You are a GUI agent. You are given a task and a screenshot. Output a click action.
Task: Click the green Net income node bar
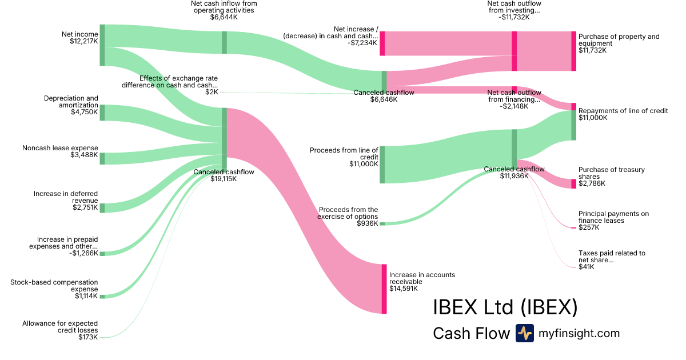tap(102, 45)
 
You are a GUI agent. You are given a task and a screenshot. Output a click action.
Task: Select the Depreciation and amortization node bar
tap(102, 113)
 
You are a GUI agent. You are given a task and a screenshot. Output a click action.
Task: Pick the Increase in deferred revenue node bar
tap(102, 207)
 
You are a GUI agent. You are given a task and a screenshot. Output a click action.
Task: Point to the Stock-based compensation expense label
tap(54, 286)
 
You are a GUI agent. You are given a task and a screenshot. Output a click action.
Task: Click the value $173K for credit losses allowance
tap(88, 337)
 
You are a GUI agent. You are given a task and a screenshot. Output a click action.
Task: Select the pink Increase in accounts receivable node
tap(384, 289)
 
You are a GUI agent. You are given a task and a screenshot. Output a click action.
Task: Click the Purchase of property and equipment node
tap(573, 51)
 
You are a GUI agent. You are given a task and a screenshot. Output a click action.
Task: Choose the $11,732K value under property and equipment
tap(592, 50)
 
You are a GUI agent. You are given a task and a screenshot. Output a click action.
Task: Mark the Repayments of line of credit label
tap(623, 111)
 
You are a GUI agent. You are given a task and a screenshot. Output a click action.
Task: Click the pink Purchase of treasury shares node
tap(573, 183)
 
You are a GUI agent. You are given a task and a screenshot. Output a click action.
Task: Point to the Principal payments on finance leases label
tap(613, 217)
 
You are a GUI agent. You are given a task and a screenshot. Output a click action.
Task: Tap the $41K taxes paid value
tap(586, 267)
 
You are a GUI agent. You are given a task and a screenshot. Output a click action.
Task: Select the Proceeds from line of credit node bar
tap(382, 165)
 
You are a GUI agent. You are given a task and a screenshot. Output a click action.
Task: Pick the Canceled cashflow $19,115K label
tap(223, 175)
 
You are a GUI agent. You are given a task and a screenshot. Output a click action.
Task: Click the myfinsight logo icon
tap(524, 333)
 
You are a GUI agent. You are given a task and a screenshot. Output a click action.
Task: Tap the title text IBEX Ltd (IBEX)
tap(505, 309)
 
